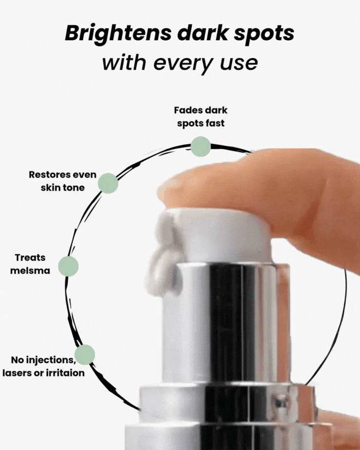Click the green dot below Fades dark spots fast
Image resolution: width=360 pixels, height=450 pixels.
200,146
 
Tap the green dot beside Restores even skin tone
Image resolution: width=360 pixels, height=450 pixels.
108,183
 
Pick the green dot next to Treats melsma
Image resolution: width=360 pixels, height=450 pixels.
68,266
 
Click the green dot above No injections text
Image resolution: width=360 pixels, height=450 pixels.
85,355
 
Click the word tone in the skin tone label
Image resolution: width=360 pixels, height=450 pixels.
74,188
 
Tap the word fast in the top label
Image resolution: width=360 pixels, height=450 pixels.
215,123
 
